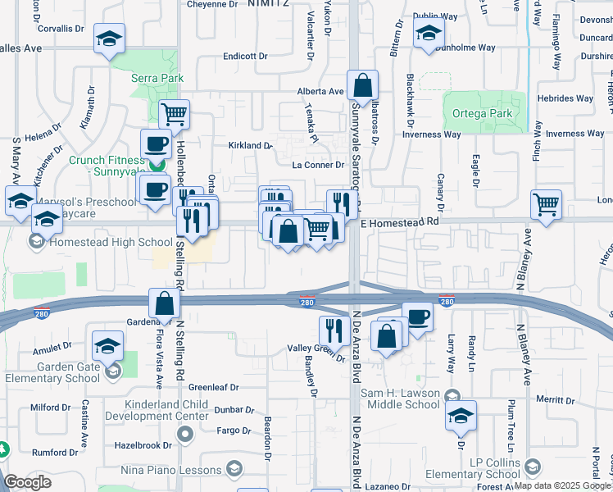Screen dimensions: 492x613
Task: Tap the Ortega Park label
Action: pyautogui.click(x=484, y=114)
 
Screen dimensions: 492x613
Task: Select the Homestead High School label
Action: pyautogui.click(x=111, y=242)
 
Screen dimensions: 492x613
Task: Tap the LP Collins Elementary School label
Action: pyautogui.click(x=497, y=475)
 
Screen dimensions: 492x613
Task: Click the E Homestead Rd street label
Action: pyautogui.click(x=400, y=222)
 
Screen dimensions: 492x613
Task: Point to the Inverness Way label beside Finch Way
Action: pyautogui.click(x=575, y=134)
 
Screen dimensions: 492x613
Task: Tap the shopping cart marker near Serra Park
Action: pyautogui.click(x=174, y=114)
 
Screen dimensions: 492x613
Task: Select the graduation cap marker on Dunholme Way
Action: pyautogui.click(x=428, y=34)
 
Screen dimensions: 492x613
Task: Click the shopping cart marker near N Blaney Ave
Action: pyautogui.click(x=546, y=203)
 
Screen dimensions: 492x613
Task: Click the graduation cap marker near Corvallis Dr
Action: pyautogui.click(x=108, y=39)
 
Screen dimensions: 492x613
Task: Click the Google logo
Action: pyautogui.click(x=27, y=483)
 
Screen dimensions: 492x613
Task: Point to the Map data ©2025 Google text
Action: pyautogui.click(x=561, y=485)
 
